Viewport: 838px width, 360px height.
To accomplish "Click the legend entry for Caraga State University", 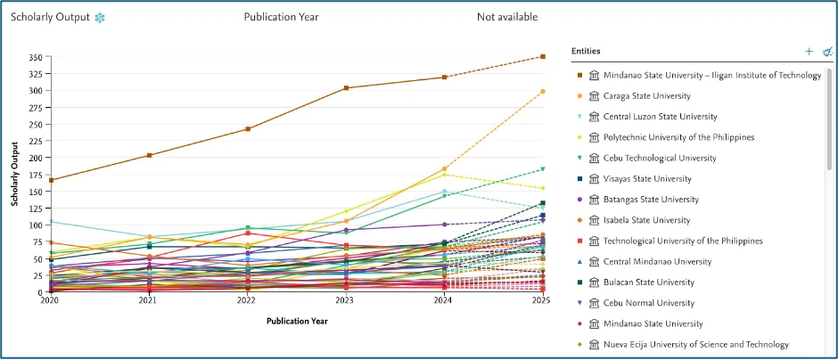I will pyautogui.click(x=646, y=96).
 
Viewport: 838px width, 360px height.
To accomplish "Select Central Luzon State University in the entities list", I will pyautogui.click(x=660, y=117).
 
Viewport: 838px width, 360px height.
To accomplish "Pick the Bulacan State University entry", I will pyautogui.click(x=648, y=282).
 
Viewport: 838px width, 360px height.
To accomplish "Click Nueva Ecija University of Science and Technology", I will pyautogui.click(x=695, y=345).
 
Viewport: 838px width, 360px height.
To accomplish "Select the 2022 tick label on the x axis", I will pyautogui.click(x=246, y=302).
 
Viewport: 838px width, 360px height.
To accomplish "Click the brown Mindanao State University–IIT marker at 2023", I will pyautogui.click(x=345, y=88).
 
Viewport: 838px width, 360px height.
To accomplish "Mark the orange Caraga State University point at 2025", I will pyautogui.click(x=542, y=91).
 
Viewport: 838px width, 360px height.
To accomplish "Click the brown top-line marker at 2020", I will pyautogui.click(x=50, y=180).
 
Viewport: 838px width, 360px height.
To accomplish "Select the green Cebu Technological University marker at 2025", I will pyautogui.click(x=542, y=169).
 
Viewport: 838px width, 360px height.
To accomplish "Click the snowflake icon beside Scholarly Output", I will pyautogui.click(x=100, y=18).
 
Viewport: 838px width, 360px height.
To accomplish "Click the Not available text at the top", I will pyautogui.click(x=506, y=17).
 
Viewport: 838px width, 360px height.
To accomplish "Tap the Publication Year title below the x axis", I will pyautogui.click(x=295, y=320).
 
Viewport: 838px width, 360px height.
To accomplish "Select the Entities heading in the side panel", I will pyautogui.click(x=586, y=52).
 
